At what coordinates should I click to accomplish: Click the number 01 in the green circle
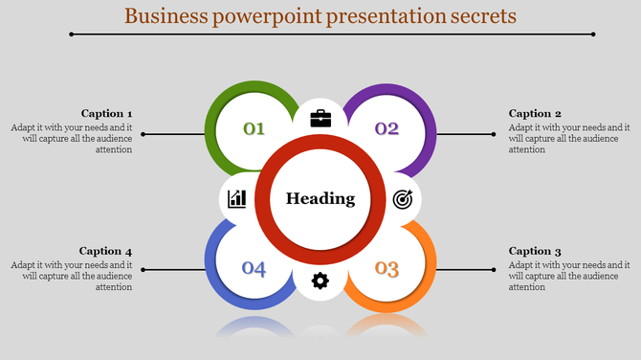(254, 128)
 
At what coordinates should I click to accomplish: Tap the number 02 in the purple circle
(387, 128)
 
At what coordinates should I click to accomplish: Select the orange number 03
(387, 268)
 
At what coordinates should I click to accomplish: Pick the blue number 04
(254, 268)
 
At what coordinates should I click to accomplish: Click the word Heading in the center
(320, 199)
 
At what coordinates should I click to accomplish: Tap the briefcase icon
(320, 119)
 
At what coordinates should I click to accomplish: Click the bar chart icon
(237, 199)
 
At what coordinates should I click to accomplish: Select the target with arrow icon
(403, 199)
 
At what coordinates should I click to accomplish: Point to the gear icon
(320, 280)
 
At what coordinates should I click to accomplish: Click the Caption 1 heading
(106, 113)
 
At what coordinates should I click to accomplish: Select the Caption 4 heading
(106, 251)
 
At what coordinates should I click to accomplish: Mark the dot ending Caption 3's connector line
(495, 269)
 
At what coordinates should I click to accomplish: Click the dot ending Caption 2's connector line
(495, 134)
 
